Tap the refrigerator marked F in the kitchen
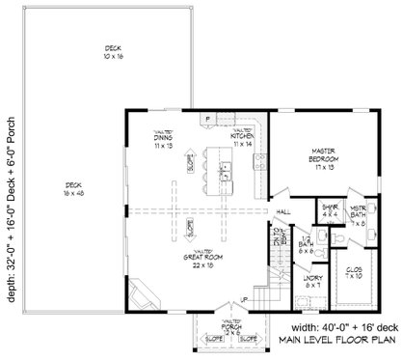208,120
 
